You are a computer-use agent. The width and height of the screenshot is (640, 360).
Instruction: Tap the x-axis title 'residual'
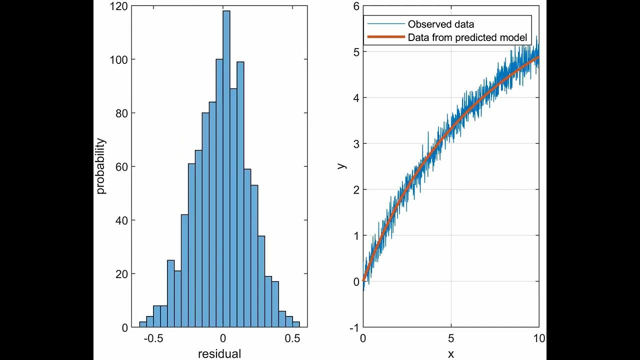219,354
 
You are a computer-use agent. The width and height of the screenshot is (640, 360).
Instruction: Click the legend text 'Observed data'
440,24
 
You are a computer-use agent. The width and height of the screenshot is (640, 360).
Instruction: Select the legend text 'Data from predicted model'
467,37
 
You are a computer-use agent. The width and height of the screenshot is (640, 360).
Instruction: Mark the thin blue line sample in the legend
385,24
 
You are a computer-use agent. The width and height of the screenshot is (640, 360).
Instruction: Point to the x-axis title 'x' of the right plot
451,354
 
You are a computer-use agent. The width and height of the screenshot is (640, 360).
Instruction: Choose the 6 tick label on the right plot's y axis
355,6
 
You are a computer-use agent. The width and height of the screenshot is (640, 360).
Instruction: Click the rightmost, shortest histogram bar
296,324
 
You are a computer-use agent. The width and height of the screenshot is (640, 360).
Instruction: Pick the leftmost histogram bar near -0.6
143,324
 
